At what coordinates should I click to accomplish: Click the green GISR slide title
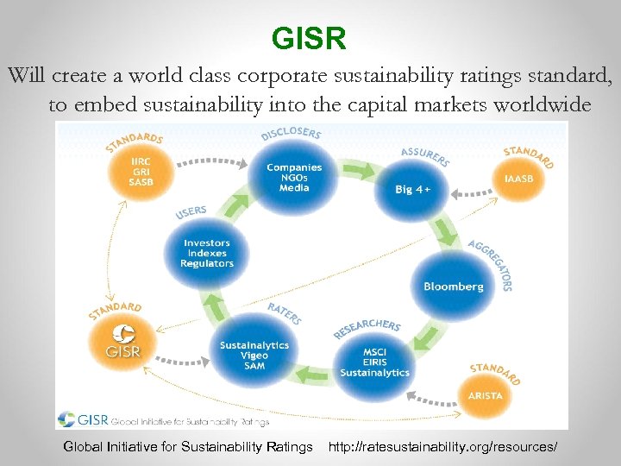point(309,39)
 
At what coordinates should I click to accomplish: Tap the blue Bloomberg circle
point(453,286)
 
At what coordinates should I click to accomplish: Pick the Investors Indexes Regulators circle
point(207,253)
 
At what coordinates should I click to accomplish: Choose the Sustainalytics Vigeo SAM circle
point(254,355)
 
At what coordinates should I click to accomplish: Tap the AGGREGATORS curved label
point(492,264)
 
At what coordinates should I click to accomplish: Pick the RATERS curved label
point(284,312)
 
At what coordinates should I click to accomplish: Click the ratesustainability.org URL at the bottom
point(442,446)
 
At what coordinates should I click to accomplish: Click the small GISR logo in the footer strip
point(82,420)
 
